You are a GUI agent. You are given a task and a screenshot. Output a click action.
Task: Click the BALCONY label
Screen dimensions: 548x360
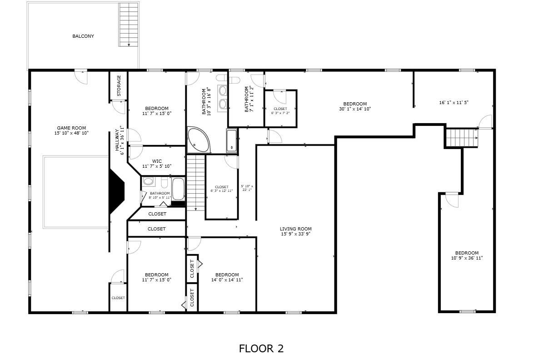point(83,36)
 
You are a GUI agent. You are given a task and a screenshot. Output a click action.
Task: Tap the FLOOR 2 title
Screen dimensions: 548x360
point(261,349)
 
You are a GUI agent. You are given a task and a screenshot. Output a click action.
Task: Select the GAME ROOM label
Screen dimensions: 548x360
point(71,128)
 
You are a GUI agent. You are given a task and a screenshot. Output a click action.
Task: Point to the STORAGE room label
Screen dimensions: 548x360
point(119,85)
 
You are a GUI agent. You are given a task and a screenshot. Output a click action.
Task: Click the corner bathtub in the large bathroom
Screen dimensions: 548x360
point(198,140)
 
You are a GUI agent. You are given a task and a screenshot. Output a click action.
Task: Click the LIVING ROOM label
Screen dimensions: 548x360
point(295,229)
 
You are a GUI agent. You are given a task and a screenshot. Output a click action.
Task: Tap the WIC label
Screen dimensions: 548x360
point(157,161)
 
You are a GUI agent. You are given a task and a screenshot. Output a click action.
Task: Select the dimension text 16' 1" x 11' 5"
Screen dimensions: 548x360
point(453,103)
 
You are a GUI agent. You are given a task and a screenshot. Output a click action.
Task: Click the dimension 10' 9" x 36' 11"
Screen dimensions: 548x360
point(467,258)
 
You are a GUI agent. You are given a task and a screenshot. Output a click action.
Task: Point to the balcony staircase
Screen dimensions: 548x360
point(129,25)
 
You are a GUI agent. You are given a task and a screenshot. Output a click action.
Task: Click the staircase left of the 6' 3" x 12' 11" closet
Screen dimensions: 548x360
point(196,183)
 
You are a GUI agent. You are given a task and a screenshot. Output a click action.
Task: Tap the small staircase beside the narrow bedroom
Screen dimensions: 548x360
point(462,138)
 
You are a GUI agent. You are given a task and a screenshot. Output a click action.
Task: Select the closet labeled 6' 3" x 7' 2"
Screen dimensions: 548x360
point(281,109)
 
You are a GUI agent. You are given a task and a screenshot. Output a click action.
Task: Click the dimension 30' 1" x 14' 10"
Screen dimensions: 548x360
point(355,109)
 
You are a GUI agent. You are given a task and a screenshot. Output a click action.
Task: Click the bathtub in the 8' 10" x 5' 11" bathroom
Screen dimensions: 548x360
point(178,189)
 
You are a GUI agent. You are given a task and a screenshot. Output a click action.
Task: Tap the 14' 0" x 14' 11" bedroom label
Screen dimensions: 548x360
point(227,277)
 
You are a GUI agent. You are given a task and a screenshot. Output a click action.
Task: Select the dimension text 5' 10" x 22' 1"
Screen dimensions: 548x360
point(247,188)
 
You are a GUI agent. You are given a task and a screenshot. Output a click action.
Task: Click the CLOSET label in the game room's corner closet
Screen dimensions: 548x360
point(118,298)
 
